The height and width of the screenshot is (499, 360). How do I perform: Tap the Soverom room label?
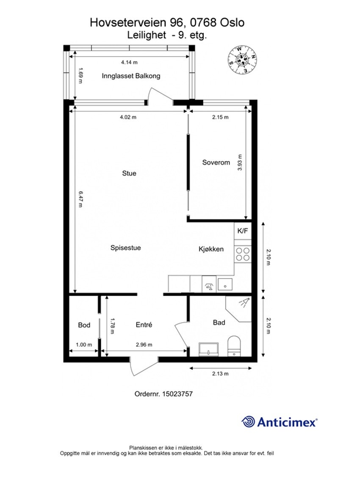pos(216,163)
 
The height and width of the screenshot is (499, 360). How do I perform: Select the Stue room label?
pos(129,173)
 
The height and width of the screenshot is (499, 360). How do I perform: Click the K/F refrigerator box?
pos(243,231)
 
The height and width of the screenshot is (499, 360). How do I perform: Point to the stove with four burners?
pos(243,254)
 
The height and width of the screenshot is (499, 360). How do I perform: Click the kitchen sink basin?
pos(225,284)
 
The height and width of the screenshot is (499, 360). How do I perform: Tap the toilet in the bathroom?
pos(234,345)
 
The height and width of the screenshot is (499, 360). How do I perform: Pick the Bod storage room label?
pos(84,325)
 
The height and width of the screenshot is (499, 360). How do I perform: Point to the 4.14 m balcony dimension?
pos(129,62)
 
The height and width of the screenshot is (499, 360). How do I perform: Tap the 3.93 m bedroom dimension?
pos(240,161)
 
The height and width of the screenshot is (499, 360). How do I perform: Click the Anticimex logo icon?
pos(248,422)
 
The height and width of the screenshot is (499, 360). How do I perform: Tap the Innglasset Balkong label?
pos(131,76)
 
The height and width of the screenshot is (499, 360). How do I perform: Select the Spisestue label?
pos(125,248)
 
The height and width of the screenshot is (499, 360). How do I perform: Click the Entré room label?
pos(144,325)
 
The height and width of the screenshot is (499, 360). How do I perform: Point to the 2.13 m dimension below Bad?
pos(220,374)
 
